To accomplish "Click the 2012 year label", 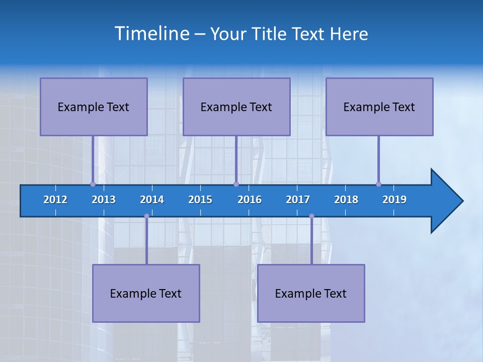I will tap(55, 200).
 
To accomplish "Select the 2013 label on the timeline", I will tap(104, 200).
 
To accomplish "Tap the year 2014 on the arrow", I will tap(152, 200).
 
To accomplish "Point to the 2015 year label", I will tap(200, 200).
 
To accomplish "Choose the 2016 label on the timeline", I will tap(250, 200).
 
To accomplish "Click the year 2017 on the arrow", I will tap(298, 200).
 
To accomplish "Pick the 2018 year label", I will tap(346, 200).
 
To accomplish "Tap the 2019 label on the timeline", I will tap(394, 200).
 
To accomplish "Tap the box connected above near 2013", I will tap(94, 107).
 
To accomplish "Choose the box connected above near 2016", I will tap(236, 107).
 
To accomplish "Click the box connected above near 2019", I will tap(379, 107).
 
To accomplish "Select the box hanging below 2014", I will tap(146, 293).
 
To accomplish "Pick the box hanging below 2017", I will tap(311, 293).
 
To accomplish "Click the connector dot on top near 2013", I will tap(93, 184).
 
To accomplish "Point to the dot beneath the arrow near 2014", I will tap(146, 216).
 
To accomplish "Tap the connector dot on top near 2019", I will tap(378, 184).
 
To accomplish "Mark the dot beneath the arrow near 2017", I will tap(311, 216).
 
